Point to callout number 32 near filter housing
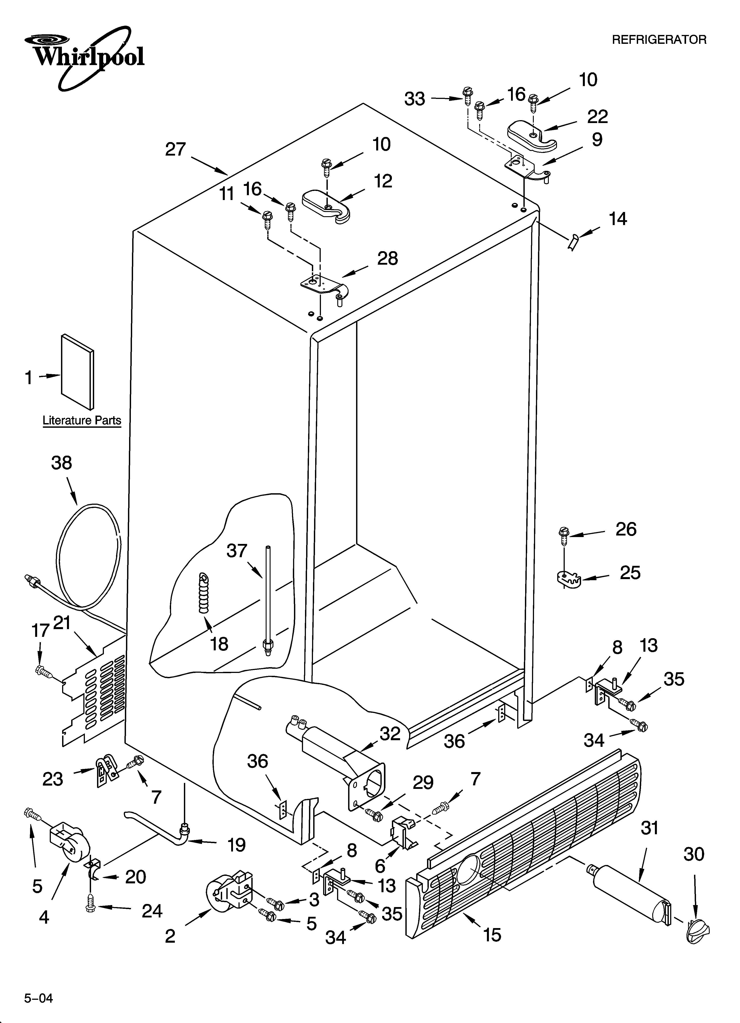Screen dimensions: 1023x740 point(390,734)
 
